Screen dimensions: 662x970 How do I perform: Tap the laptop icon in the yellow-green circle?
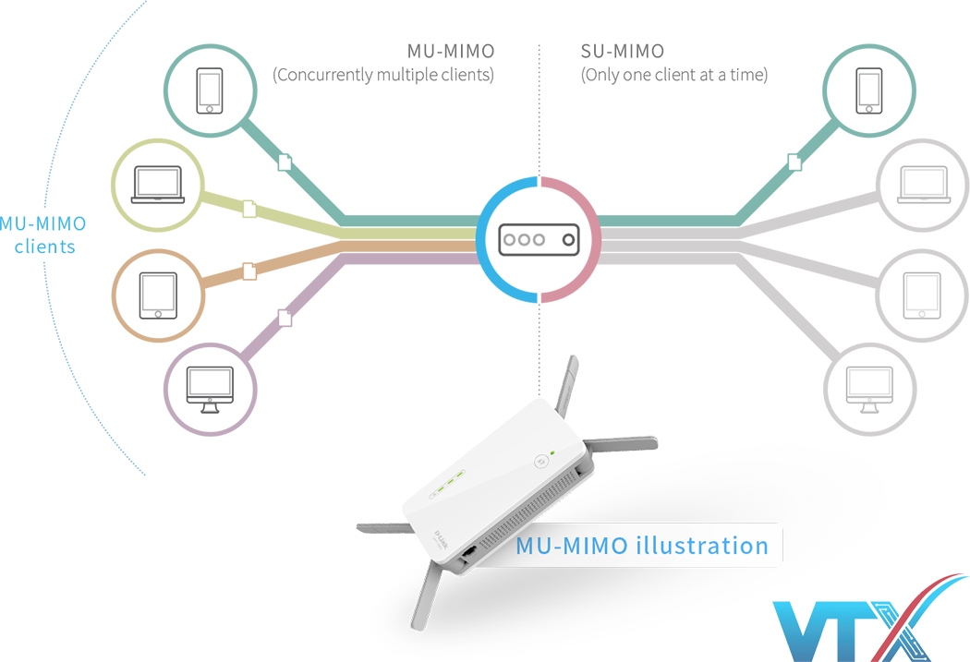[157, 186]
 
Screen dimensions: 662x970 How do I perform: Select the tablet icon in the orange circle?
[158, 295]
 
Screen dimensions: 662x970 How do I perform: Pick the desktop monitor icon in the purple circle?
[210, 391]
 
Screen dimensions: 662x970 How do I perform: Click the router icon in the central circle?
[539, 240]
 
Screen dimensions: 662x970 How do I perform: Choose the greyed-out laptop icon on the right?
[923, 186]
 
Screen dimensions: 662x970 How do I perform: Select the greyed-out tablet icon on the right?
[923, 295]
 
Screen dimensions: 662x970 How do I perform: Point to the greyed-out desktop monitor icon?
[870, 391]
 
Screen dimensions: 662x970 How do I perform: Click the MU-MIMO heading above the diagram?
[450, 51]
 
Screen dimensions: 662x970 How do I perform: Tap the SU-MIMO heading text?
[623, 51]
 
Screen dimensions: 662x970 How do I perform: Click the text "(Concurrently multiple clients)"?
[383, 75]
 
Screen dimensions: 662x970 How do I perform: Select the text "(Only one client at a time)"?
[674, 75]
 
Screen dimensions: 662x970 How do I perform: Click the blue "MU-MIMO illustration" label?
[642, 546]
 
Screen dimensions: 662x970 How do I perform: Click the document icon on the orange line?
[249, 271]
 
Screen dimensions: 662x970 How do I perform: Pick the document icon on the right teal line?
[794, 162]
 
